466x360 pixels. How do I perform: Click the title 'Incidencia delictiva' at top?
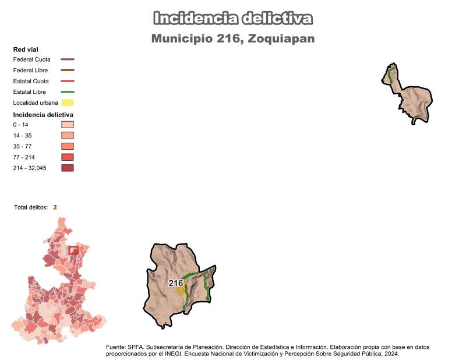click(233, 18)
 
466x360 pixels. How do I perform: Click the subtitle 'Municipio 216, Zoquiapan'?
click(233, 39)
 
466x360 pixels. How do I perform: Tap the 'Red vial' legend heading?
click(26, 50)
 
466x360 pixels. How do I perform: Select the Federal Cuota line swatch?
click(68, 59)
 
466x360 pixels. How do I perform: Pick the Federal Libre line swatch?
click(68, 70)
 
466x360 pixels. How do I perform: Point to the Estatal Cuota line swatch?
click(68, 81)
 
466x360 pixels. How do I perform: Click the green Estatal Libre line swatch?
click(68, 92)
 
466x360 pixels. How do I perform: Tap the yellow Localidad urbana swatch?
click(68, 103)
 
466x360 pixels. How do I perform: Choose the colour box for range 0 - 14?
click(68, 125)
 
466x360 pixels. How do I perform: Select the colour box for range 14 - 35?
click(68, 136)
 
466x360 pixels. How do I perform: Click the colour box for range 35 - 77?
click(68, 146)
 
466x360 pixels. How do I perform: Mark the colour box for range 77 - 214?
click(68, 157)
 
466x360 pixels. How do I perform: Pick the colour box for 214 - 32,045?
click(68, 168)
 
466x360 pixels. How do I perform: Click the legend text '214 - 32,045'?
click(29, 168)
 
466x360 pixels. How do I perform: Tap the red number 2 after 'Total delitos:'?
click(55, 207)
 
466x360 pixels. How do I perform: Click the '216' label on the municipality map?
click(176, 283)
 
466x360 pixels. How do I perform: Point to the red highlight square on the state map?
click(73, 250)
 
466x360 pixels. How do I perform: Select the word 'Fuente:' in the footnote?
click(116, 347)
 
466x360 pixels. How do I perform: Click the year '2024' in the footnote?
click(391, 354)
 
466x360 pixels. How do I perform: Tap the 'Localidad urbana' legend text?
click(36, 103)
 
